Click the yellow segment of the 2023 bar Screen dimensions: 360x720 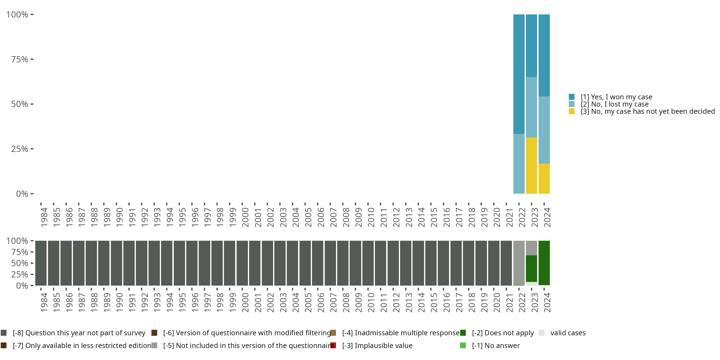tap(531, 165)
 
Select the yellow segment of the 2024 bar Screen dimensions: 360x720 tap(544, 179)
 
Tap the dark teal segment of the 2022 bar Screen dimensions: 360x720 tap(519, 74)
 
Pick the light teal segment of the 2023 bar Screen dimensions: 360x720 tap(531, 107)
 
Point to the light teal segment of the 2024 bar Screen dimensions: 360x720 tap(544, 130)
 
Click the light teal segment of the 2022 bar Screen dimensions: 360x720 tap(519, 164)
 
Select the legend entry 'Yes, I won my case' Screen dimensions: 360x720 tap(616, 97)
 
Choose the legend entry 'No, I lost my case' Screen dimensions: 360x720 tap(614, 104)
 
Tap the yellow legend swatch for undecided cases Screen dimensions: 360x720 tap(572, 112)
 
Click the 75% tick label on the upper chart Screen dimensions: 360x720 tap(20, 59)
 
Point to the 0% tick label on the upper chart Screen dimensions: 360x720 tap(22, 194)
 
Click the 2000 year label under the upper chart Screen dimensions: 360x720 tap(245, 217)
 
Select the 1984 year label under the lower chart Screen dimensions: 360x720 tap(44, 303)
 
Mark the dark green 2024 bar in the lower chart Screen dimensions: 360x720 tap(544, 263)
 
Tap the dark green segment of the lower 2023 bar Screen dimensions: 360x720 tap(531, 268)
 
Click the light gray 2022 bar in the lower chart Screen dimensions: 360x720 tap(519, 263)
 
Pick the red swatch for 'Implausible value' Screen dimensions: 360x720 tap(333, 345)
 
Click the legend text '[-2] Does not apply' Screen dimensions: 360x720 tap(503, 333)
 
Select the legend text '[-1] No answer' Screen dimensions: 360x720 tap(496, 345)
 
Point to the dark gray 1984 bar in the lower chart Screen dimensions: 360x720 tap(41, 263)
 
